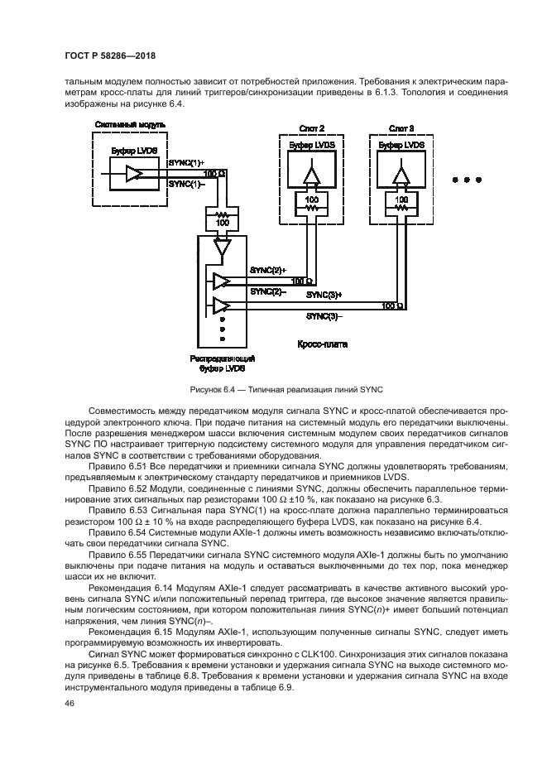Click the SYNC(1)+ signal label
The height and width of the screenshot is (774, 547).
185,164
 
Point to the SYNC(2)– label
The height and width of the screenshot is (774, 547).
267,291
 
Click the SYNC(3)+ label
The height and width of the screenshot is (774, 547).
324,294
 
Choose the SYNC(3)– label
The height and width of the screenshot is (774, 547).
324,315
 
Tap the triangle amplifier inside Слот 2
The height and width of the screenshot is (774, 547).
311,176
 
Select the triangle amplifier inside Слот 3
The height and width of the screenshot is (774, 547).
401,176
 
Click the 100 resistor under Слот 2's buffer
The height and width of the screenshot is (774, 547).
311,203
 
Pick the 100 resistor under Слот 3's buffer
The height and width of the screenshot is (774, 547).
401,203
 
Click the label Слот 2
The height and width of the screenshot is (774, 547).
311,128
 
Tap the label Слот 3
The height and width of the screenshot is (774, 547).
401,128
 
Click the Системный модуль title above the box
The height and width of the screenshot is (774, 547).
130,125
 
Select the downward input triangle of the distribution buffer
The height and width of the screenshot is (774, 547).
220,246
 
